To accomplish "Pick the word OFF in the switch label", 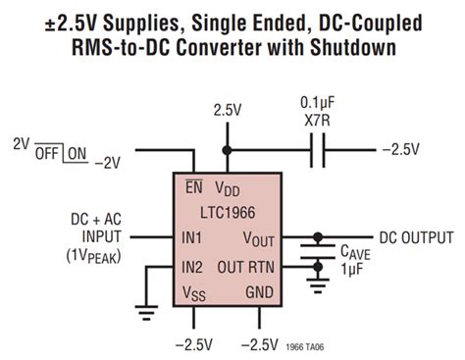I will tap(48, 153).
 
